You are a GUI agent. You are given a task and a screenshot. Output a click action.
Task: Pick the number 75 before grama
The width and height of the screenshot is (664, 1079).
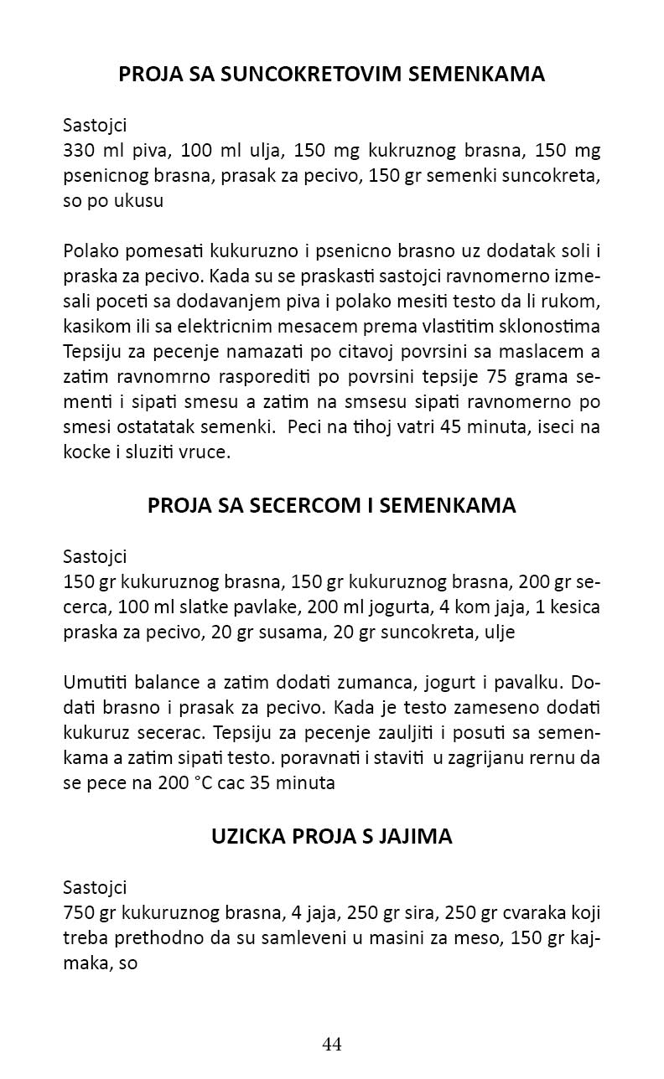click(503, 374)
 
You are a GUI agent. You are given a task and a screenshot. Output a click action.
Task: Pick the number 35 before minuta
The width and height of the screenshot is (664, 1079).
click(270, 784)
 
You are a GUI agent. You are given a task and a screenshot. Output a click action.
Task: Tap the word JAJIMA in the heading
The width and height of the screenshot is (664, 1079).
click(418, 836)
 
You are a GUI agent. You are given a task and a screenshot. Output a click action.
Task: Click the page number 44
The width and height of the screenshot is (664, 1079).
click(332, 1044)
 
